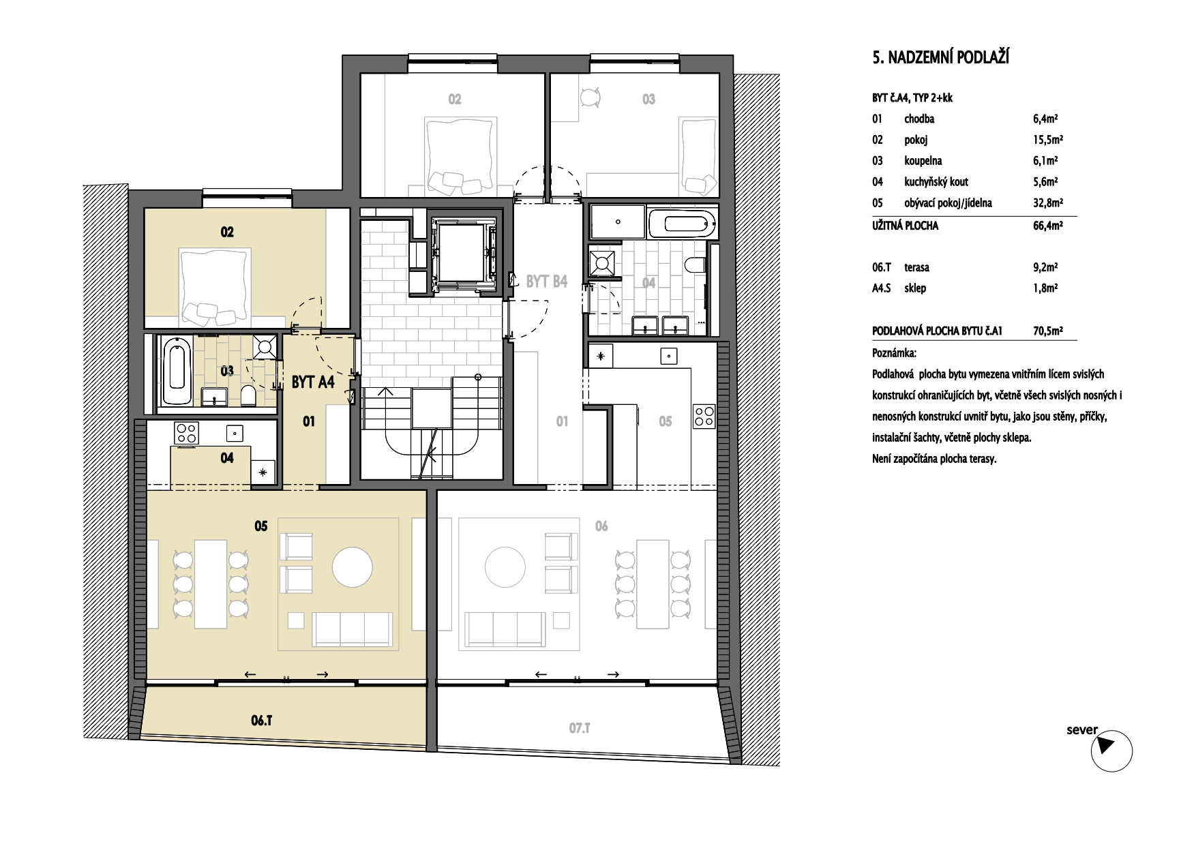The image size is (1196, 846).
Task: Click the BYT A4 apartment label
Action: click(x=313, y=382)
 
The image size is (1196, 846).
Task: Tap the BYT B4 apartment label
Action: click(x=546, y=281)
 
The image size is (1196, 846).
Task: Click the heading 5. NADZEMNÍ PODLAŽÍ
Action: click(x=940, y=57)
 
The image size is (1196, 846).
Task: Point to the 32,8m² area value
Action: click(x=1048, y=202)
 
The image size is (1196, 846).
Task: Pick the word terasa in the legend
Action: click(x=918, y=267)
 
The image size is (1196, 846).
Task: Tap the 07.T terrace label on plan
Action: click(x=578, y=729)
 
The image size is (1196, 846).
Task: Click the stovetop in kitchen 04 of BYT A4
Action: click(x=187, y=433)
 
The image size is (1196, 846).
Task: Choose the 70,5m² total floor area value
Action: click(x=1048, y=331)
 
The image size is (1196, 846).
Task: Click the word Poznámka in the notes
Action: click(x=895, y=354)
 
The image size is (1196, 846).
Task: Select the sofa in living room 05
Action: click(x=353, y=628)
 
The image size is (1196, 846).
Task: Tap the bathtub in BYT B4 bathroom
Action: click(x=681, y=223)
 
